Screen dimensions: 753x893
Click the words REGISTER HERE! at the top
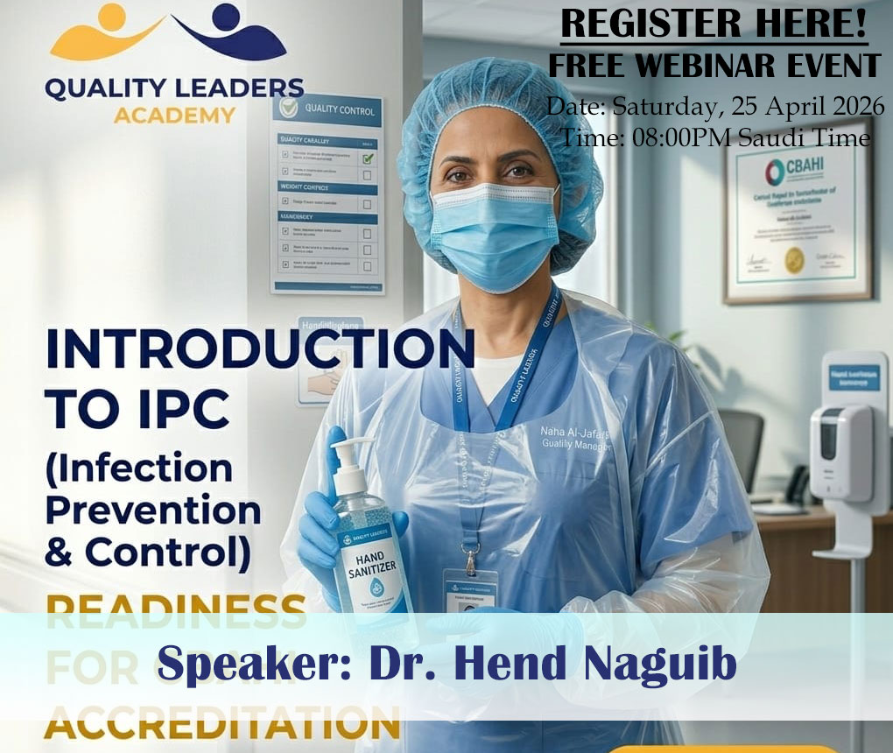click(714, 24)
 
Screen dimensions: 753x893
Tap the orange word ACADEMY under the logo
click(175, 115)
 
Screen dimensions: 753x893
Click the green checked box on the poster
click(369, 158)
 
